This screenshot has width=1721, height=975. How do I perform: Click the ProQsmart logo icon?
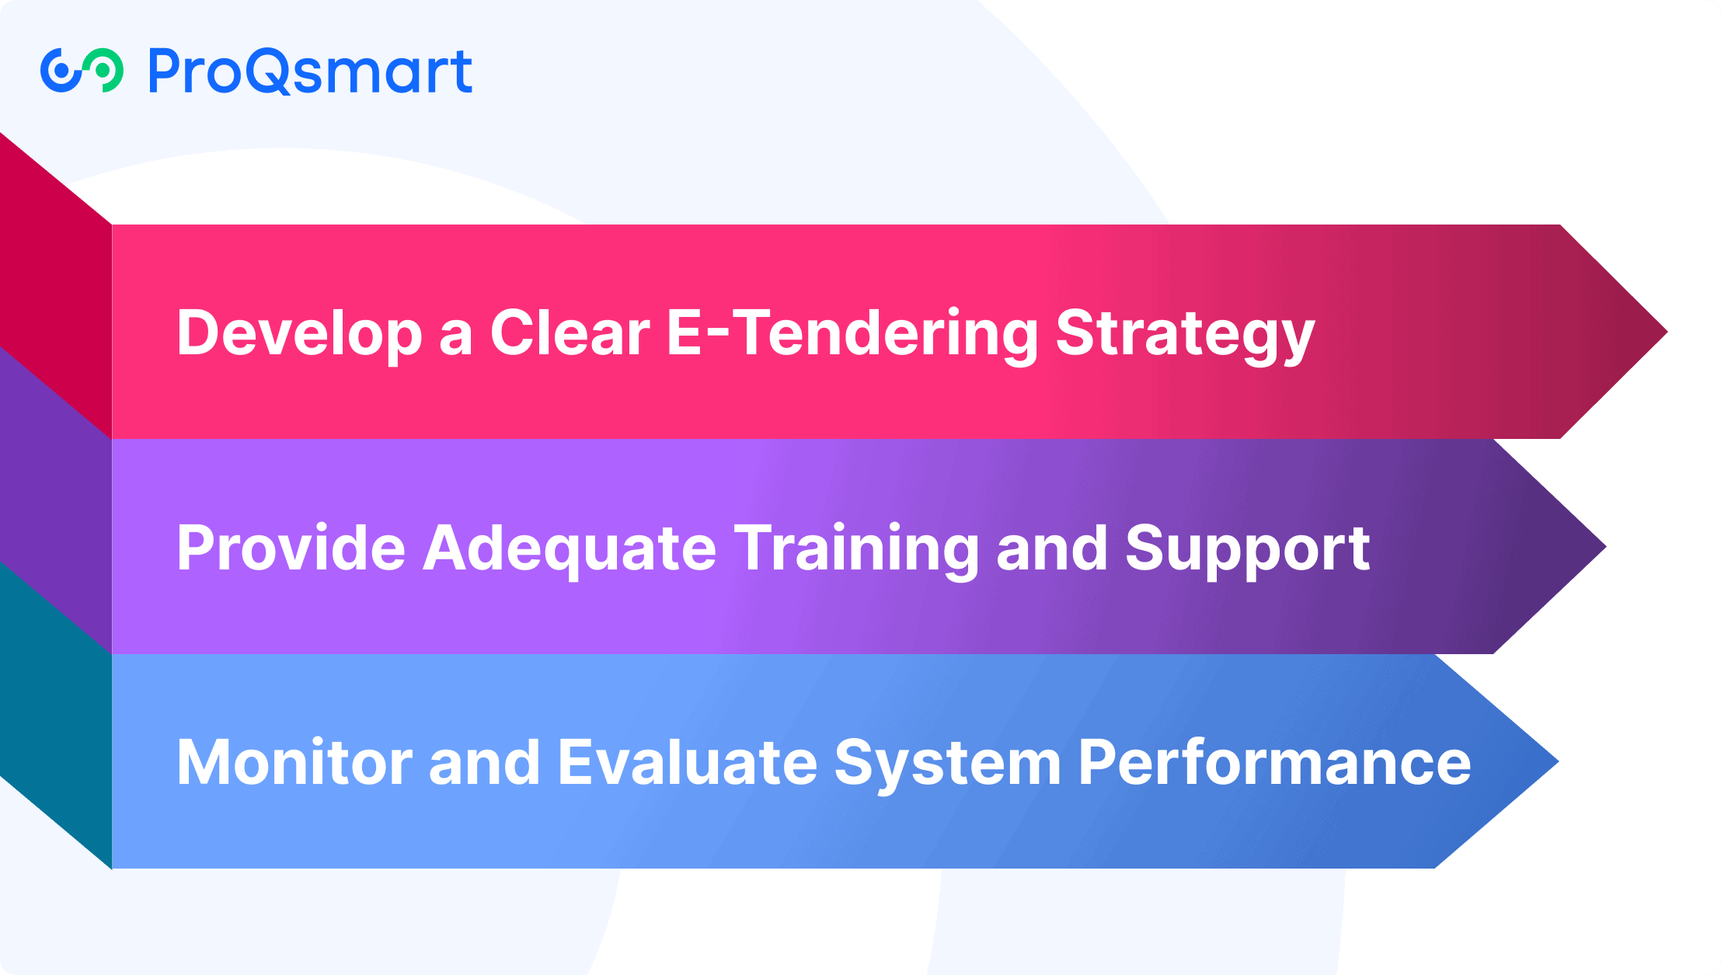click(x=82, y=71)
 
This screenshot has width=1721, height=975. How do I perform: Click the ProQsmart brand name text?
click(x=310, y=71)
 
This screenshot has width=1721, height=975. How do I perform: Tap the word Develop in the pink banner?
click(x=300, y=334)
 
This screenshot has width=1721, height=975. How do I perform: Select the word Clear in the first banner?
click(x=570, y=333)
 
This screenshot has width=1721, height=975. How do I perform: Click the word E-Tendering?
click(x=852, y=334)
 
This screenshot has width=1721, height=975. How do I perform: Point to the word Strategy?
click(x=1186, y=334)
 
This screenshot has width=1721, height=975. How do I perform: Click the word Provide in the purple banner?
click(x=291, y=548)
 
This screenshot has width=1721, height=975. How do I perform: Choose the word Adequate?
click(x=570, y=549)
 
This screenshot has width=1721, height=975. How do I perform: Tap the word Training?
click(x=857, y=549)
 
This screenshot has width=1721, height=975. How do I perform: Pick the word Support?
click(x=1248, y=549)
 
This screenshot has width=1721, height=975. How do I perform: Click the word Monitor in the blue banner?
click(x=294, y=762)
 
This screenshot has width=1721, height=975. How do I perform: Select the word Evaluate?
click(x=688, y=762)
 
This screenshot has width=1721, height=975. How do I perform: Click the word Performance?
click(x=1275, y=762)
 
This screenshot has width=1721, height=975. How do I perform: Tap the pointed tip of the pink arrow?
click(x=1667, y=332)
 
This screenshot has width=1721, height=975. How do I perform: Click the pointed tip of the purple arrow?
click(x=1606, y=547)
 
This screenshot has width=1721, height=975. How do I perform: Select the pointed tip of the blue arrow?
click(x=1559, y=761)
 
